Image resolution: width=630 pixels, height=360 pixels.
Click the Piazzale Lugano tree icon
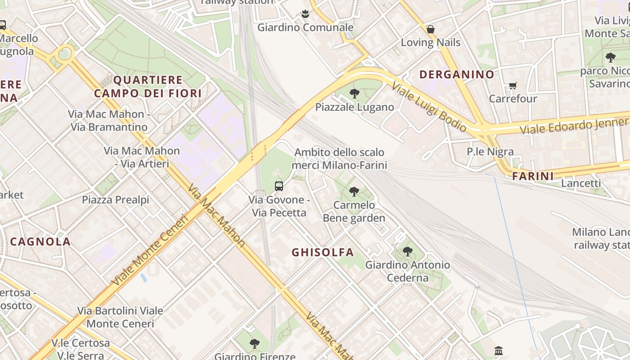click(x=355, y=94)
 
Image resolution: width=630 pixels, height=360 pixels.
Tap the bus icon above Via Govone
click(x=279, y=186)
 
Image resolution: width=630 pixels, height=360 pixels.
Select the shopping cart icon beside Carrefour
click(x=513, y=85)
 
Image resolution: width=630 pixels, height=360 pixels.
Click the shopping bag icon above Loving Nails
click(x=431, y=30)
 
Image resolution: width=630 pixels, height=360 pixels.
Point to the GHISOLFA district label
click(x=323, y=252)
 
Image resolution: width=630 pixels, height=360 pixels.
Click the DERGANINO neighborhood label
click(x=457, y=75)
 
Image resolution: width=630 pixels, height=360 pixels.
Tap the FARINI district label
click(x=533, y=176)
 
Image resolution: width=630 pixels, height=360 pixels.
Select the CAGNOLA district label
click(x=40, y=242)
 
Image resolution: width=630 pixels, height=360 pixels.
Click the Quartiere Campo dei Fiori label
click(x=148, y=87)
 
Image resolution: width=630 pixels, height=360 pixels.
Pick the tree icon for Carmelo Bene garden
click(x=354, y=192)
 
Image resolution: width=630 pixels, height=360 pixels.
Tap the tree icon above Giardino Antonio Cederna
click(x=408, y=252)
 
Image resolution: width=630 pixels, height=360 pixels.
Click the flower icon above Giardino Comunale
click(x=305, y=14)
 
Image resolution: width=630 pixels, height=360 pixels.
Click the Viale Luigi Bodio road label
click(x=428, y=107)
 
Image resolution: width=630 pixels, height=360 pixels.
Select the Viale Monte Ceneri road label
click(x=150, y=251)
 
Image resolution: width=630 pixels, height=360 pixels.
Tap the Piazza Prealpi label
click(x=115, y=200)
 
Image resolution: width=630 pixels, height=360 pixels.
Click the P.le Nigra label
click(x=490, y=152)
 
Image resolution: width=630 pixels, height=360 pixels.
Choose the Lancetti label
click(x=581, y=183)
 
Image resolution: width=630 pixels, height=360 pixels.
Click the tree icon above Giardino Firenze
click(x=255, y=344)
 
